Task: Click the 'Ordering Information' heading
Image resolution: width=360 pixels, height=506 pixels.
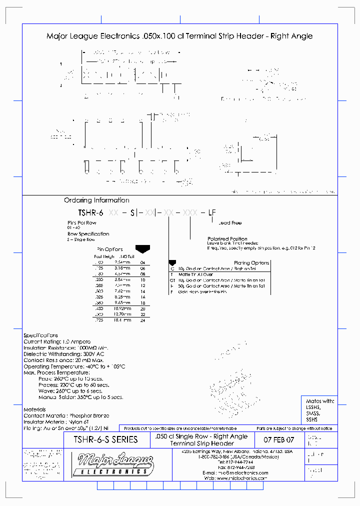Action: point(96,200)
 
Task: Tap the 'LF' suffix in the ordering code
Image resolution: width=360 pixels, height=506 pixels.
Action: point(212,212)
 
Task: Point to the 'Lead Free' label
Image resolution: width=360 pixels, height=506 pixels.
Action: point(230,223)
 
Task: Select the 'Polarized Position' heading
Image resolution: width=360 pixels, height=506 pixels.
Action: point(227,239)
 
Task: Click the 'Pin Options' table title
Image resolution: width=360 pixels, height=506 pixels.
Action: point(109,249)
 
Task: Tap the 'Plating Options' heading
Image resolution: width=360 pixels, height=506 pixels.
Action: point(251,262)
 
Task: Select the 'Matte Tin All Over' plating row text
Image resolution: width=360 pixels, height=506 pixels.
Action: point(195,274)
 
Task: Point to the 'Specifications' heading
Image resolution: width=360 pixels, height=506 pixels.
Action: point(40,335)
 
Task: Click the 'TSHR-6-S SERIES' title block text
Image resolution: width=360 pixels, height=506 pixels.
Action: point(105,439)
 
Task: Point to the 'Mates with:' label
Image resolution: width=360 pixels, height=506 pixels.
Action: point(320,401)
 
